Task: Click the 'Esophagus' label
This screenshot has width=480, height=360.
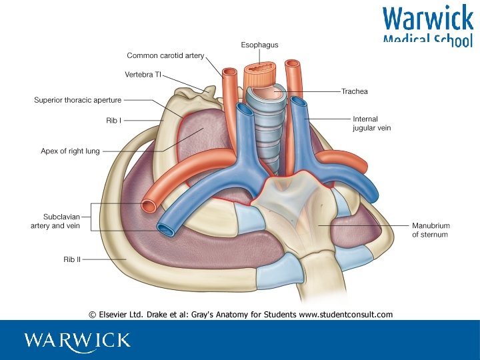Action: (259, 45)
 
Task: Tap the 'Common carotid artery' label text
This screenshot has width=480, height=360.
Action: (165, 56)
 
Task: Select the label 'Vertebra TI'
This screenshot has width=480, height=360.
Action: (143, 74)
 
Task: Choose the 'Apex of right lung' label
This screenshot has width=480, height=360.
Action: (70, 151)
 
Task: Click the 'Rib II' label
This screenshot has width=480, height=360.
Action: (72, 259)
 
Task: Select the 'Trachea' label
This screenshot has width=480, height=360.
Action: (354, 91)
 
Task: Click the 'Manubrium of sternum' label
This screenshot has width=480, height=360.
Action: (429, 230)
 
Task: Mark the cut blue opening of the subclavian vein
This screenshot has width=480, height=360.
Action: (166, 229)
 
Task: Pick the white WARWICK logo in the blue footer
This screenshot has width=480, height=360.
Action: (77, 340)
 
